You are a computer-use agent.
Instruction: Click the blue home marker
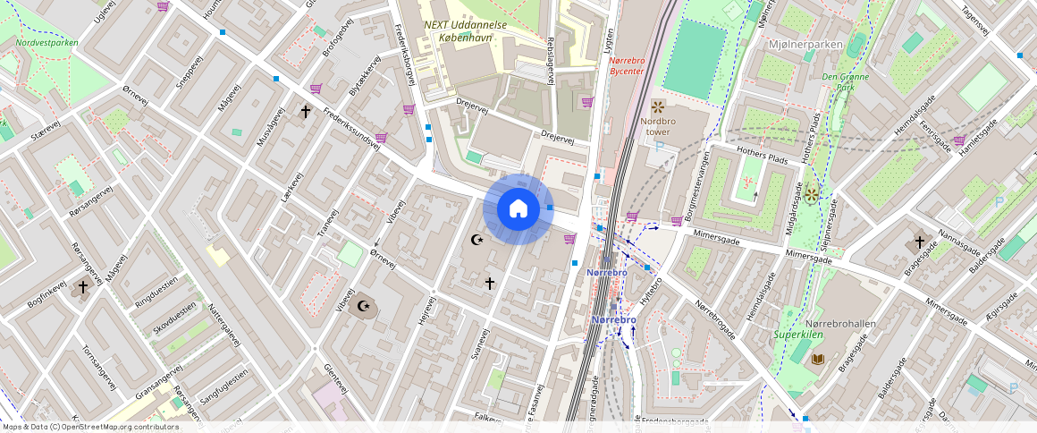(518, 209)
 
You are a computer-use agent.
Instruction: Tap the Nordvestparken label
(46, 42)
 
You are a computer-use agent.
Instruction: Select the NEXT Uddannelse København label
(465, 31)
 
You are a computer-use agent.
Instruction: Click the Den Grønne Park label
(845, 82)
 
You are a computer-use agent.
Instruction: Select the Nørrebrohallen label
(840, 323)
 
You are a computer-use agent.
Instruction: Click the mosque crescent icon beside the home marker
(477, 240)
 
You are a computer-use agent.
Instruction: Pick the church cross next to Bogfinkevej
(83, 287)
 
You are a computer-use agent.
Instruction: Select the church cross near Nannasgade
(919, 242)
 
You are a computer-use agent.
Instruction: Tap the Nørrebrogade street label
(714, 319)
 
